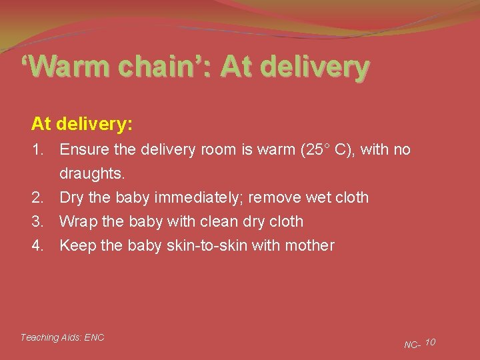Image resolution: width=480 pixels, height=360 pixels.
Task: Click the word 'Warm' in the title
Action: point(67,67)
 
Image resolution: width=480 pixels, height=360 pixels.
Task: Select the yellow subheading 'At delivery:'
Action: point(82,123)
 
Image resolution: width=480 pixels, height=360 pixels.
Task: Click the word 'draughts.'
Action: point(92,174)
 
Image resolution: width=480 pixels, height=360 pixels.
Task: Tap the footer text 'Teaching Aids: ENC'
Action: point(62,337)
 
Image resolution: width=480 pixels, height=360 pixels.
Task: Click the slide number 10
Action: point(430,342)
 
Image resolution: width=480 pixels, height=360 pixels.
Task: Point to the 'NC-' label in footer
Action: point(412,345)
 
